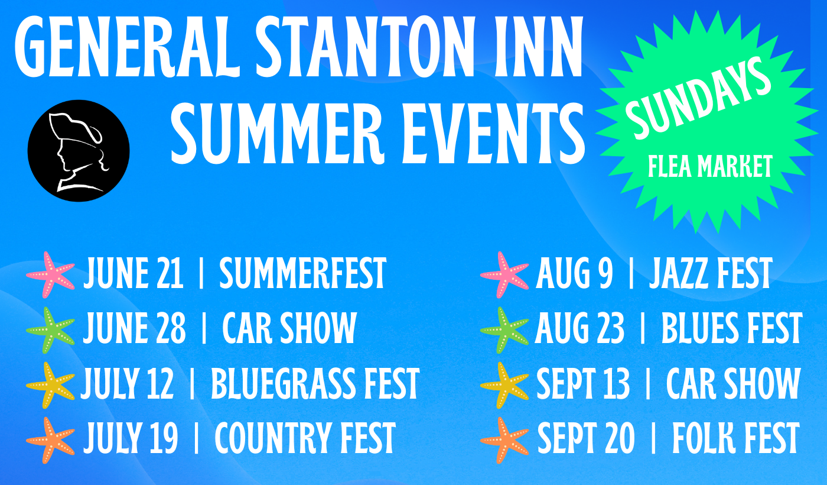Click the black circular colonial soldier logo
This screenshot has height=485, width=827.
pyautogui.click(x=79, y=151)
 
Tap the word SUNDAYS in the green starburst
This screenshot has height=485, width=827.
pyautogui.click(x=698, y=99)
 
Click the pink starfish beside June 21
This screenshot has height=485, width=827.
pyautogui.click(x=51, y=274)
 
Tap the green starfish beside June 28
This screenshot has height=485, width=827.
pyautogui.click(x=51, y=330)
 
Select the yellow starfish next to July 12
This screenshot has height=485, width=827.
pyautogui.click(x=51, y=385)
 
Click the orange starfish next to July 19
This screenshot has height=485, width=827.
pyautogui.click(x=51, y=440)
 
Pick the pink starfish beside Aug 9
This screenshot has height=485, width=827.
pyautogui.click(x=504, y=274)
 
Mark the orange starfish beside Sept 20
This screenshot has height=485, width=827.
pyautogui.click(x=504, y=440)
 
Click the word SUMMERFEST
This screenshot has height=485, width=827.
pyautogui.click(x=302, y=273)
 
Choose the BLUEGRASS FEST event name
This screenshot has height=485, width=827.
pyautogui.click(x=315, y=384)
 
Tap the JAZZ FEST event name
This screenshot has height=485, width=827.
pyautogui.click(x=711, y=273)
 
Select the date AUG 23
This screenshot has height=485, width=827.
pyautogui.click(x=579, y=329)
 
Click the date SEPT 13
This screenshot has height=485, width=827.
pyautogui.click(x=583, y=384)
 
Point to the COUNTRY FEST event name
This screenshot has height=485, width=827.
pyautogui.click(x=305, y=439)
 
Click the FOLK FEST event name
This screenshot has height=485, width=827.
pyautogui.click(x=736, y=439)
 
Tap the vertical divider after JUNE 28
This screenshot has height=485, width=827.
pyautogui.click(x=204, y=329)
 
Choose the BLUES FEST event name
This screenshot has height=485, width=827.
pyautogui.click(x=732, y=329)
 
